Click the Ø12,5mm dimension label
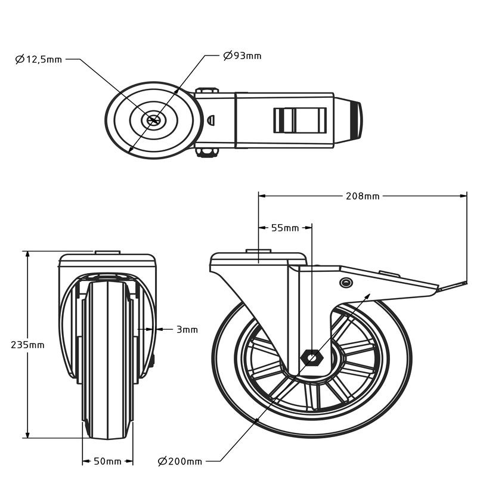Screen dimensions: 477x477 pos(39,59)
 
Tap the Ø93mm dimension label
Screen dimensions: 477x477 pos(242,55)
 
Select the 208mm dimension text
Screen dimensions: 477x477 pos(363,196)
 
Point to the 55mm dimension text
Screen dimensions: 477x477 pos(285,228)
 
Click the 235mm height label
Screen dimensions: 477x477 pos(27,345)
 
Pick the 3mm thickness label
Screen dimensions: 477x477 pos(187,330)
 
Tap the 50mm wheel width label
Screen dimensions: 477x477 pos(108,461)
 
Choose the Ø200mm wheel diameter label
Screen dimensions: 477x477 pos(180,461)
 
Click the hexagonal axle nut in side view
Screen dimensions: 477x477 pos(311,358)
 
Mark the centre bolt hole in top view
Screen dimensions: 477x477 pos(154,120)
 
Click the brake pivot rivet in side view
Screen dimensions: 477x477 pos(346,283)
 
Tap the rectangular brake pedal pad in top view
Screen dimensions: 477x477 pos(300,120)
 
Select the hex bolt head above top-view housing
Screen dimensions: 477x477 pos(207,91)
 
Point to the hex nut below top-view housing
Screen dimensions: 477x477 pos(207,153)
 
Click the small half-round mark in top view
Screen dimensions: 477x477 pos(211,120)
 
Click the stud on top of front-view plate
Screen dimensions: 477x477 pos(108,252)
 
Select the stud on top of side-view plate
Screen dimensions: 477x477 pos(258,251)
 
